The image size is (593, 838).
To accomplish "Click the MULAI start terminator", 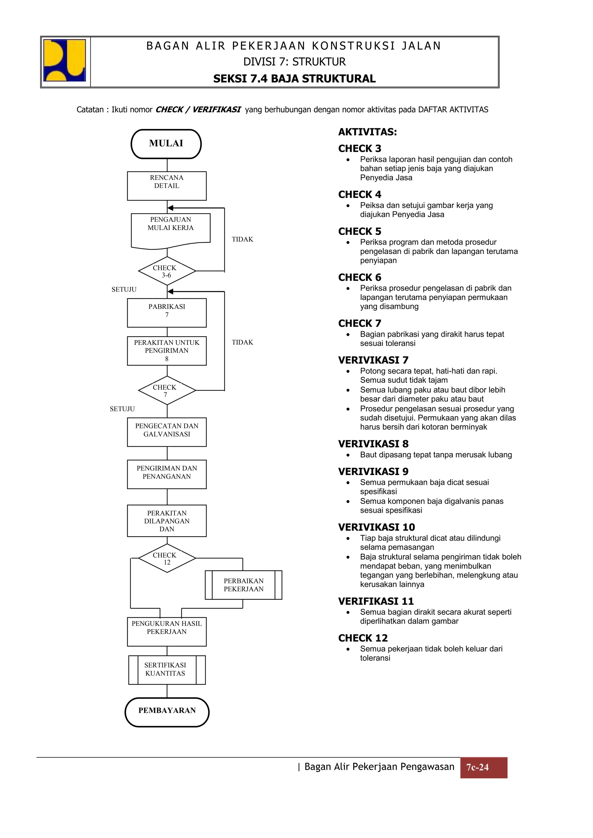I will pos(166,144).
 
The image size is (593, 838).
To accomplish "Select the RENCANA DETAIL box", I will pos(166,186).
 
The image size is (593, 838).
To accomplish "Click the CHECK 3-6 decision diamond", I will pos(167,271).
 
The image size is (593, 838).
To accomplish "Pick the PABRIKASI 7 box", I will pos(166,313).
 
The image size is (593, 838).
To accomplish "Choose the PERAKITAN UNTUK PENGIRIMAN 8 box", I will pos(166,351).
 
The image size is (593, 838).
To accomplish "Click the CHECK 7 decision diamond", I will pos(167,391).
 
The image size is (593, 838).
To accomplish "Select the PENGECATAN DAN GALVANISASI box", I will pos(166,432).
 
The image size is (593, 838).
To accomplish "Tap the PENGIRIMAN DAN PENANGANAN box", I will pos(166,474).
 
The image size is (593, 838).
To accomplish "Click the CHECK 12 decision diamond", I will pos(167,558).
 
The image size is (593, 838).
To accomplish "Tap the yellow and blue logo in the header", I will pos(65,60).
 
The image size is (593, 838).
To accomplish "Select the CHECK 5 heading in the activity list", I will pos(360,231).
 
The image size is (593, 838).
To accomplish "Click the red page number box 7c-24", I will pos(483,767).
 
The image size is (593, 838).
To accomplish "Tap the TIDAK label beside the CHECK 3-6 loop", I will pos(242,240).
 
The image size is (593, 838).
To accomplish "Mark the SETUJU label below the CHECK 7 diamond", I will pos(122,409).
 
